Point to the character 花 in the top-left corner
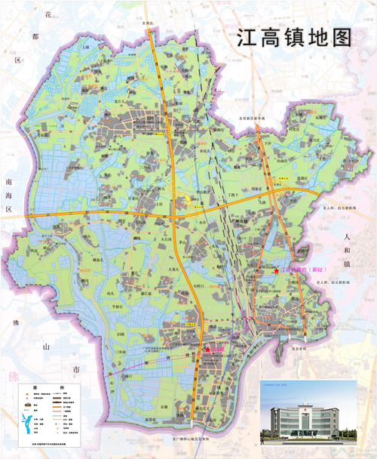pyautogui.click(x=50, y=14)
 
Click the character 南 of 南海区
pyautogui.click(x=9, y=182)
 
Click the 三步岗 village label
pyautogui.click(x=121, y=351)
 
